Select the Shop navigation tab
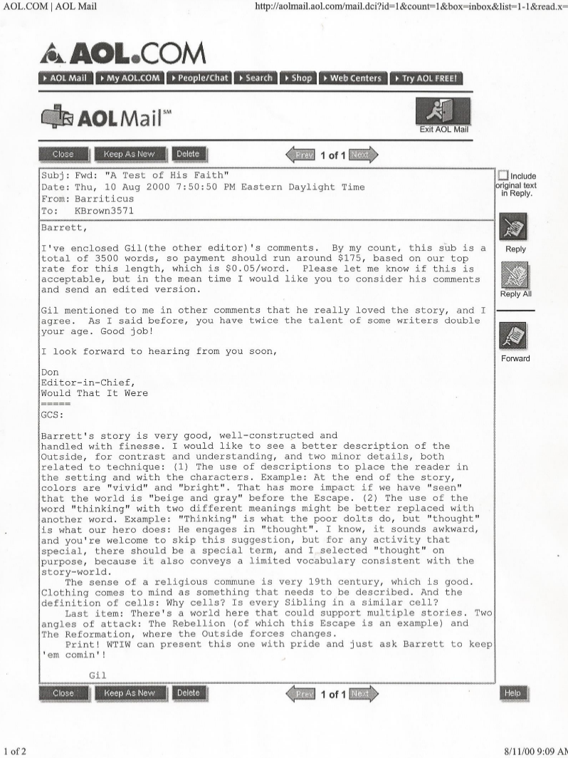point(298,78)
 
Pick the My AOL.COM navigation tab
point(129,78)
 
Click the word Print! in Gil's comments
point(83,647)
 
